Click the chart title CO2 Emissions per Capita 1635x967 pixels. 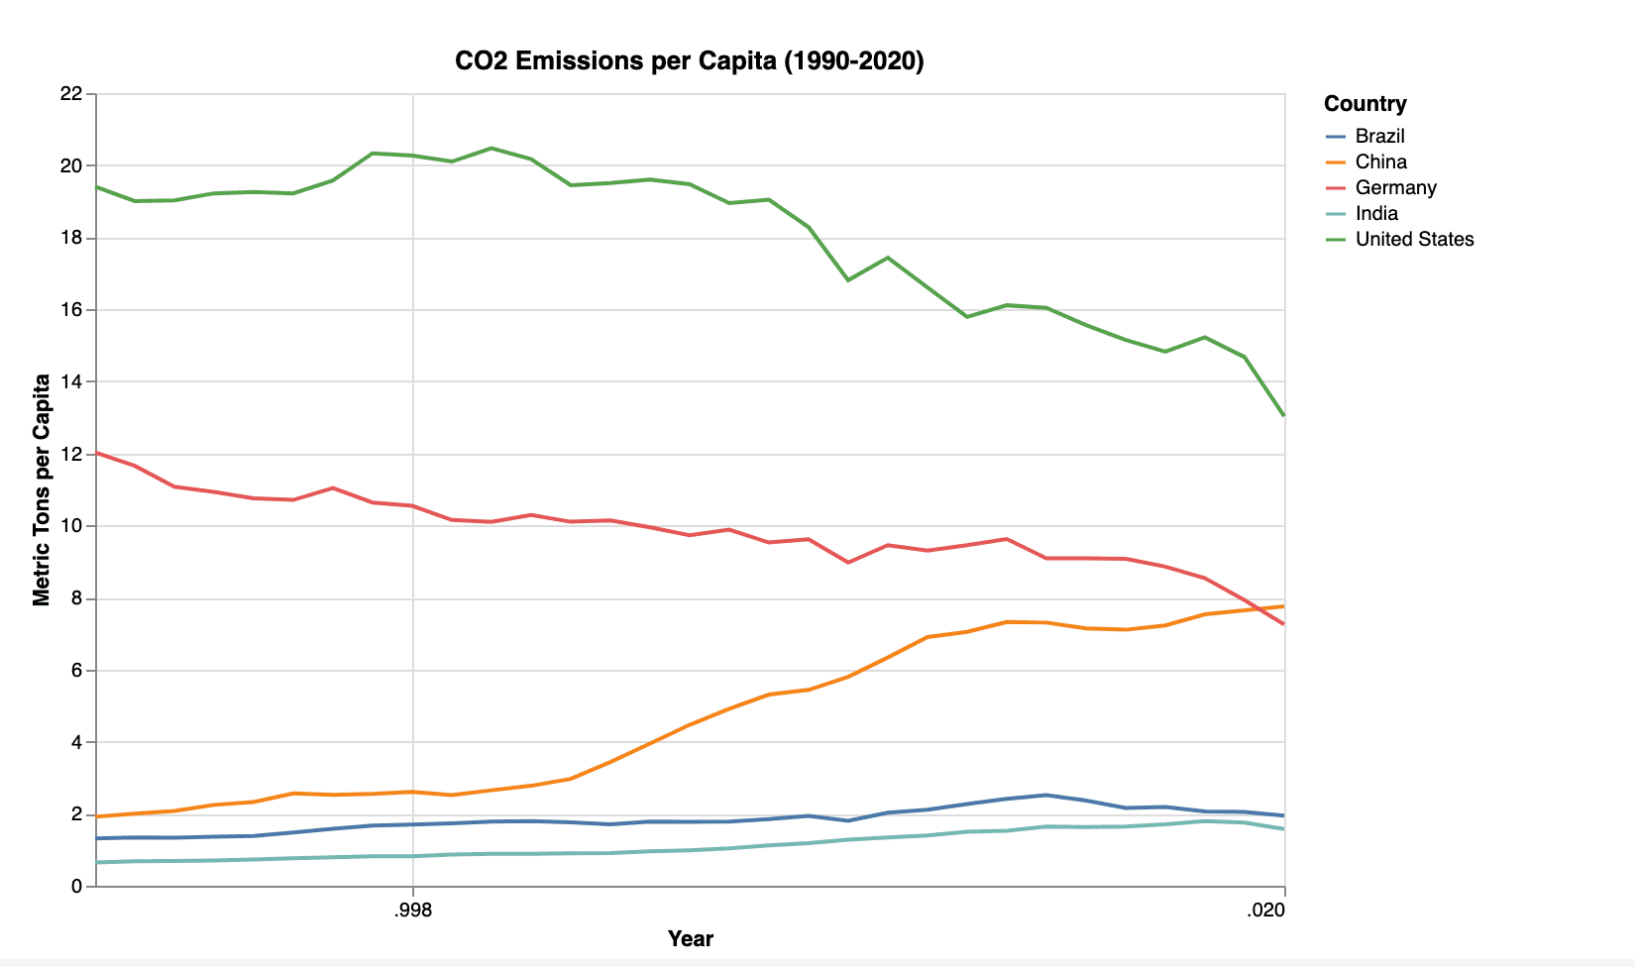(x=689, y=61)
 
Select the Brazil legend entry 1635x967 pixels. (x=1379, y=136)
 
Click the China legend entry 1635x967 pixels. (x=1380, y=161)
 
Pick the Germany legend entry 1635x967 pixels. (x=1395, y=187)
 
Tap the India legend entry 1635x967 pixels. (x=1376, y=213)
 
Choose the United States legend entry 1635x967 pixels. (x=1414, y=239)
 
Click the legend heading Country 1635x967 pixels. (x=1364, y=104)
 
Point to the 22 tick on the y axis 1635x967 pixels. (x=70, y=94)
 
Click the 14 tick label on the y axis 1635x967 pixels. (x=70, y=382)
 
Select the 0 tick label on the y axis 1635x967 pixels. (x=76, y=887)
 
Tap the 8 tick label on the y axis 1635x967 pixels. (x=76, y=598)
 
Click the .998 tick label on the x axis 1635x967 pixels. (x=413, y=911)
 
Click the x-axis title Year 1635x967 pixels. (x=690, y=939)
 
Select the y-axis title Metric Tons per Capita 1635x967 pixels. (x=42, y=489)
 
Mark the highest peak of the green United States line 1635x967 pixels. (x=491, y=149)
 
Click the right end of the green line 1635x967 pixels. (x=1284, y=415)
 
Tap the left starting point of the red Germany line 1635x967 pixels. (x=96, y=453)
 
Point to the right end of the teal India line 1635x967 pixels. (x=1284, y=828)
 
